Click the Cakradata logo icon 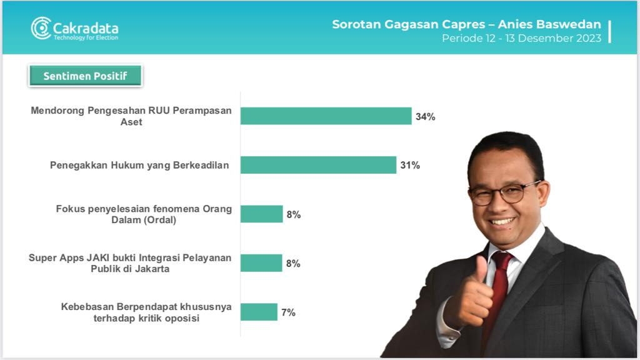click(41, 28)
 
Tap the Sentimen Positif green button click(85, 76)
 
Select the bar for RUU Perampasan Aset click(326, 116)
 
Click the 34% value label click(425, 117)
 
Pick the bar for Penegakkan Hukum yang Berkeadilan click(318, 165)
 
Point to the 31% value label click(410, 165)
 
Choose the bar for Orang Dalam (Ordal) click(262, 214)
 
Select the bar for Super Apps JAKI click(261, 263)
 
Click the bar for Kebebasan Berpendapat click(259, 312)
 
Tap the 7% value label click(288, 312)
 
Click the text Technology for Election click(86, 37)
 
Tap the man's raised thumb click(482, 269)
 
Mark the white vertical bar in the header click(610, 31)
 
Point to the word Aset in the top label click(131, 122)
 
